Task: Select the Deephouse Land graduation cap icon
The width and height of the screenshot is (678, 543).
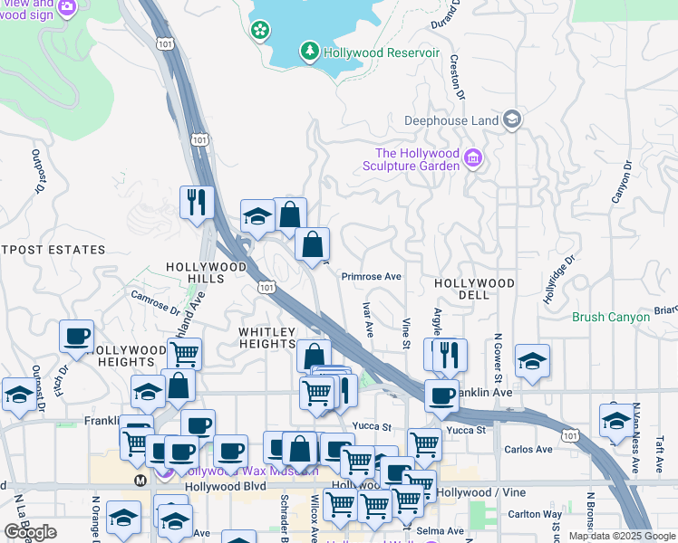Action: click(x=512, y=119)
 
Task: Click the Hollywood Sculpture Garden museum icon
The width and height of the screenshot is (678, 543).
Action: click(x=472, y=159)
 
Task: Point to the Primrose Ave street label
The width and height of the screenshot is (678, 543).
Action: click(x=371, y=277)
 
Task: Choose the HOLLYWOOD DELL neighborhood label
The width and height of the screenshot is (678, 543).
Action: click(x=474, y=283)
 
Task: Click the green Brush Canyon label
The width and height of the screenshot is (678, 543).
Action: click(x=611, y=318)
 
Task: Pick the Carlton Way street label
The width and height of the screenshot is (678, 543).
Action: click(x=537, y=513)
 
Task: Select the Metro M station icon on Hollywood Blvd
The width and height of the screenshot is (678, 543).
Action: click(x=140, y=480)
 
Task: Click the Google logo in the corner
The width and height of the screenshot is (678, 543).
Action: click(x=30, y=532)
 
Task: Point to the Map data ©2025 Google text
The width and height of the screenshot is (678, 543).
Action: click(x=622, y=536)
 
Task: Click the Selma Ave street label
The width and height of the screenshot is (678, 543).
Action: click(x=439, y=530)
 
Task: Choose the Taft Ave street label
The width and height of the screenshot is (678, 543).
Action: click(x=659, y=452)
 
